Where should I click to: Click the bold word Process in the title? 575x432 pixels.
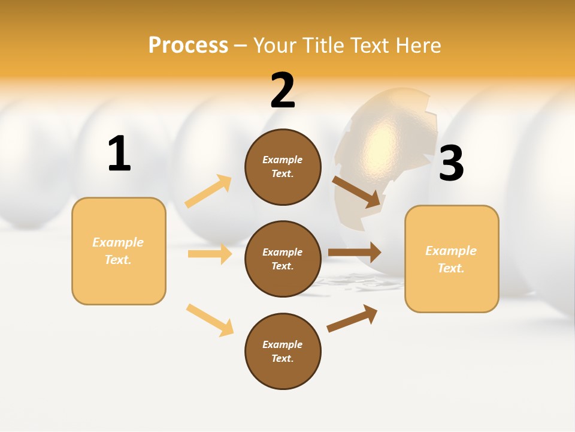tap(188, 45)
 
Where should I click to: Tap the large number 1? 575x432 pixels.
tap(119, 154)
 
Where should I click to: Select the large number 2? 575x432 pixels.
tap(283, 91)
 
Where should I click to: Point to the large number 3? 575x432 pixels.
tap(451, 164)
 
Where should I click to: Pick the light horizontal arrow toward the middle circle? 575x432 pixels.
tap(210, 254)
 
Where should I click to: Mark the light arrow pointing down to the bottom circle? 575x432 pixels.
tap(210, 320)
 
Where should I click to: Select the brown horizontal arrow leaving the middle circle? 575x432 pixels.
tap(355, 252)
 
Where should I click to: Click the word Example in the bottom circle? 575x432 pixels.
tap(282, 344)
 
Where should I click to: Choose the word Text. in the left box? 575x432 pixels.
tap(118, 260)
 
